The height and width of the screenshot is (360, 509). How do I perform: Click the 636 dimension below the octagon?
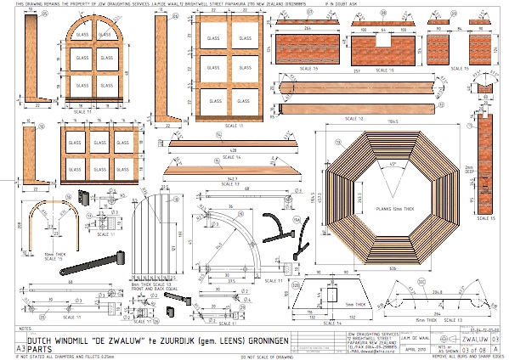pyautogui.click(x=393, y=269)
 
